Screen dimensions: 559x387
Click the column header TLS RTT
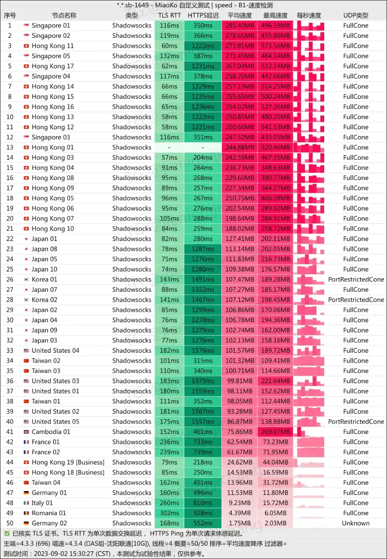coord(169,15)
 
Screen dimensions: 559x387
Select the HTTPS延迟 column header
coord(203,15)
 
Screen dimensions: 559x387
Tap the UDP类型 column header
coord(356,15)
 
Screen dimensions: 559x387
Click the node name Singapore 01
coord(51,25)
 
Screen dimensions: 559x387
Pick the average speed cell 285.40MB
coord(240,25)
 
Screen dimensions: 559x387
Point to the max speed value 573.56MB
coord(275,46)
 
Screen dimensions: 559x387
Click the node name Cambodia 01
coord(51,432)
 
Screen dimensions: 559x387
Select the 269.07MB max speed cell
coord(275,432)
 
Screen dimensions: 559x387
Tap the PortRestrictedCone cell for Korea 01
coord(356,279)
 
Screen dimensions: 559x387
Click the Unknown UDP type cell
coord(356,523)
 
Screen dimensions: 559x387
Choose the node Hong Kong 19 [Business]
coord(68,462)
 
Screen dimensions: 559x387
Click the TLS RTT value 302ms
coord(169,513)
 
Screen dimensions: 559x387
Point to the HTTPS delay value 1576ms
coord(203,351)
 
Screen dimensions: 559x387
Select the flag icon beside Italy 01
coord(26,503)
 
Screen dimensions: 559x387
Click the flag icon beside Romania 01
coord(26,513)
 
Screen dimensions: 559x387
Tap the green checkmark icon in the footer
coord(6,534)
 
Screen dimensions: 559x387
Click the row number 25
coord(10,269)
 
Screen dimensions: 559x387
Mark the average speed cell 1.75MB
coord(240,523)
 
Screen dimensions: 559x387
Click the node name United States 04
coord(55,351)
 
